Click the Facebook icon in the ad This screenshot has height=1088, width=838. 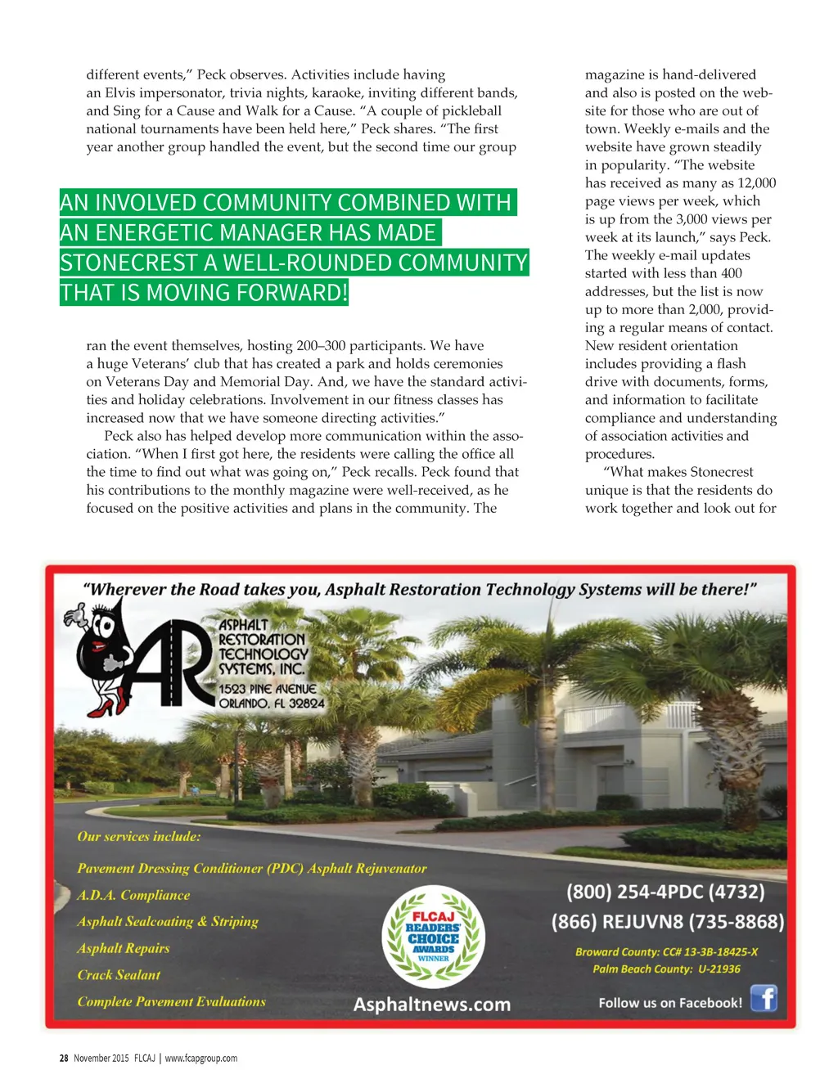pos(763,999)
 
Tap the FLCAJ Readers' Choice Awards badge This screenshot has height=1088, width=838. pos(434,937)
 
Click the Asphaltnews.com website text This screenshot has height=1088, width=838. pos(432,1005)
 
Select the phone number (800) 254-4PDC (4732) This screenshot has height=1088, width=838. pos(665,892)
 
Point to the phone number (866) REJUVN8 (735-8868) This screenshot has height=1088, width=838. pos(668,922)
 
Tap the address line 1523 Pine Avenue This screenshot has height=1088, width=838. pos(268,689)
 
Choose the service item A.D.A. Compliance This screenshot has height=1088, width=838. pos(133,895)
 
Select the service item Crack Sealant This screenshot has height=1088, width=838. pos(119,975)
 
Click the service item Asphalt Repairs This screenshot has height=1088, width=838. pos(124,948)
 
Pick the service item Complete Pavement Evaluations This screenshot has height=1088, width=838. pos(172,1002)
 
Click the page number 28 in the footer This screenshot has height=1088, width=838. pos(64,1059)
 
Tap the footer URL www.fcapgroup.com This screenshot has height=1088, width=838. pos(201,1059)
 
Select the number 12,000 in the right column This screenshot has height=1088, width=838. pos(757,183)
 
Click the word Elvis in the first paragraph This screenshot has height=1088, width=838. pos(120,92)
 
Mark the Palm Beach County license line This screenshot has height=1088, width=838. pos(666,969)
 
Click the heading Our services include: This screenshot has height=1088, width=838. pos(139,837)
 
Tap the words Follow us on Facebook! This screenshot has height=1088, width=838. pos(670,1003)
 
